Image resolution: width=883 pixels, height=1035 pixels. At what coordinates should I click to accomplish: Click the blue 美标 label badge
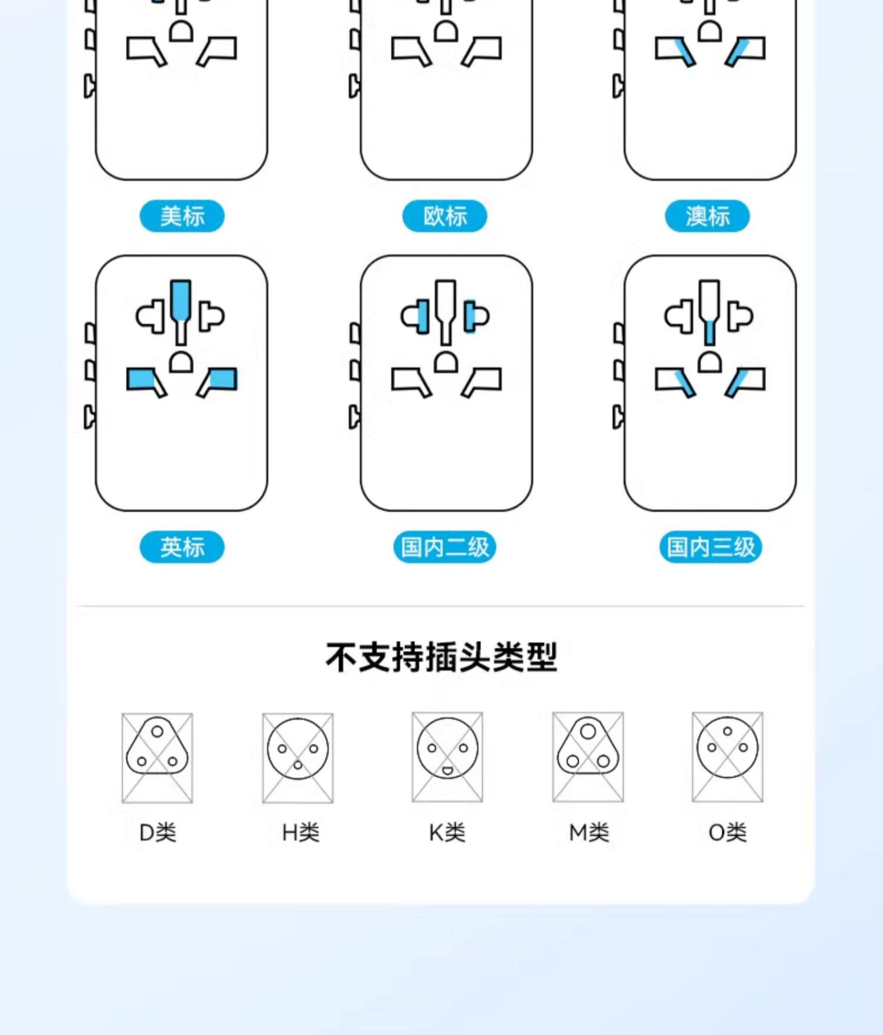[182, 216]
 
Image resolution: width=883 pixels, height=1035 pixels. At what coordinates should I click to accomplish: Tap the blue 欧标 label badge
[445, 216]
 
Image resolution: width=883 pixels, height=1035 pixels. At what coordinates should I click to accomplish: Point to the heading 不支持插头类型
[441, 657]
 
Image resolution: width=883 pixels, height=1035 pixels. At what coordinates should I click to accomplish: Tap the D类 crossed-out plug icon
[157, 757]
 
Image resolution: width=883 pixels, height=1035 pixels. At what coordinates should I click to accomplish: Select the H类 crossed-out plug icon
[298, 757]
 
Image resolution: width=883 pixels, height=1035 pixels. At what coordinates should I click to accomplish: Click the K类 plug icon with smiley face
[447, 756]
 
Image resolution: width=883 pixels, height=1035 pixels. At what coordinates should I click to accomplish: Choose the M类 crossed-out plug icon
[588, 756]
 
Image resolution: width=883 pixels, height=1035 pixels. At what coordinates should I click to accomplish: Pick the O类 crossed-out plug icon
[727, 756]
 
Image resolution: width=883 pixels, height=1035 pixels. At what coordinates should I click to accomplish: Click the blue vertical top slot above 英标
[181, 301]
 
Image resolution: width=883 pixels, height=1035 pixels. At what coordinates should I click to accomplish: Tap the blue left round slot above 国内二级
[422, 317]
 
